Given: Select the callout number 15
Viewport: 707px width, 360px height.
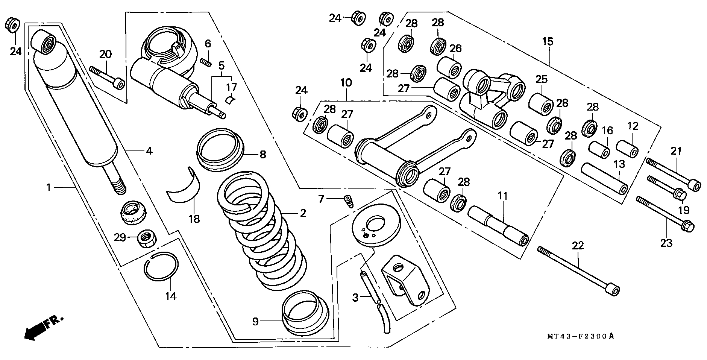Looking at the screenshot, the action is click(548, 41).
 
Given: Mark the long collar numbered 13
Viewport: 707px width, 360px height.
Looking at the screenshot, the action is click(604, 178).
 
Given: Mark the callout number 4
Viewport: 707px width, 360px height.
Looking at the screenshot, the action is click(149, 151).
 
